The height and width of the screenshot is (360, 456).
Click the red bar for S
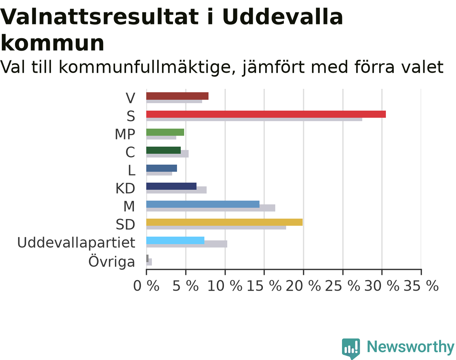[266, 114]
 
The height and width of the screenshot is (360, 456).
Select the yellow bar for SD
[224, 222]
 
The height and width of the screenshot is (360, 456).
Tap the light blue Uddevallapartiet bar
[175, 240]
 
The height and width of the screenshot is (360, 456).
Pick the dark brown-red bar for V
[177, 96]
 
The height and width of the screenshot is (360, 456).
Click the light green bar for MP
[165, 132]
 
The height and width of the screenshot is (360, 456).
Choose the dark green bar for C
[163, 150]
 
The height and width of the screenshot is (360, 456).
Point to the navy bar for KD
[171, 186]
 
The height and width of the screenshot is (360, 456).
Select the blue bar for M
[203, 204]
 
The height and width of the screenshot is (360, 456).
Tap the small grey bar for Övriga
[147, 258]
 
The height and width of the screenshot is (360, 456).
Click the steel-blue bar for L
[162, 168]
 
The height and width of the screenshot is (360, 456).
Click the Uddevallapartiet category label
[76, 242]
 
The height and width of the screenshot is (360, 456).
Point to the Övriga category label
[112, 261]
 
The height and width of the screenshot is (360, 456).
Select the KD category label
[125, 188]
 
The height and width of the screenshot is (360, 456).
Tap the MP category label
[125, 134]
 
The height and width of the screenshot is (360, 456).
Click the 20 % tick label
[303, 286]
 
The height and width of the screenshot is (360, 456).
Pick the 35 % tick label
[421, 286]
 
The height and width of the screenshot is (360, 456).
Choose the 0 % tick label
[146, 286]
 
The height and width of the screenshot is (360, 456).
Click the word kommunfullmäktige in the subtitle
[147, 67]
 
